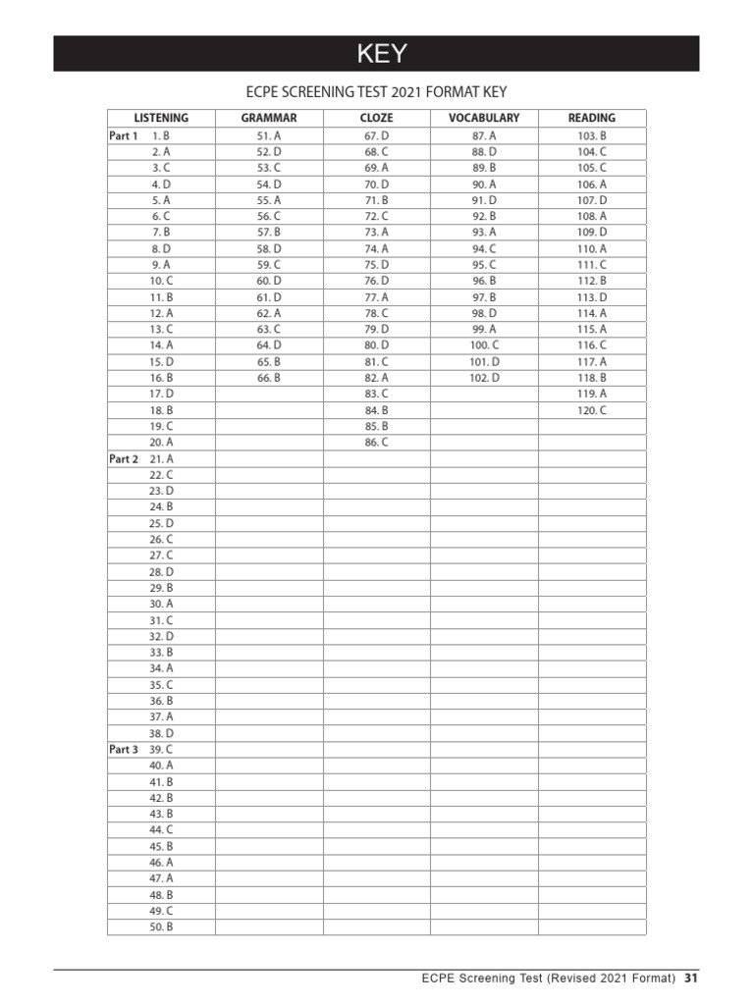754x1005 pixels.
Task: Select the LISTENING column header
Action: (x=161, y=118)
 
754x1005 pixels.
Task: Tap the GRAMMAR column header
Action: (x=269, y=118)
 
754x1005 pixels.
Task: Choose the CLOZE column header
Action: (x=377, y=118)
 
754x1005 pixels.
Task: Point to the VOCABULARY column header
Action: (x=484, y=118)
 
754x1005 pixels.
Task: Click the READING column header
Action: (x=592, y=118)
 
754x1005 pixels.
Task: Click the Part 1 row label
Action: (x=123, y=135)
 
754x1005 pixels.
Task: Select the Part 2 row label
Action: (x=123, y=458)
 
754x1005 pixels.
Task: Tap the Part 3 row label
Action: (x=123, y=749)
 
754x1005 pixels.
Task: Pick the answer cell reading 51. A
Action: (x=269, y=135)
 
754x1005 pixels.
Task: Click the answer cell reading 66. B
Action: (x=269, y=378)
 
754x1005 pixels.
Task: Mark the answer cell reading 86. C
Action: (x=377, y=443)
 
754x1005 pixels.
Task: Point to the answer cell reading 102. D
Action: (x=484, y=378)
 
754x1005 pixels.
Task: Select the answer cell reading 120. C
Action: (x=592, y=410)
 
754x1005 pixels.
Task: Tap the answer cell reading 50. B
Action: (x=161, y=926)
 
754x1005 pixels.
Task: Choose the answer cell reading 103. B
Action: (x=592, y=135)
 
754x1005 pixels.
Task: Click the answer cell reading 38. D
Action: (x=161, y=733)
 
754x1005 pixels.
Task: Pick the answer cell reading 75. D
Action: (x=377, y=265)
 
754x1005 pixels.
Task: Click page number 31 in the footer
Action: (x=691, y=979)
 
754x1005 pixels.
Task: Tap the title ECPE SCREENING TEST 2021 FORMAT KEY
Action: (x=377, y=92)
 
